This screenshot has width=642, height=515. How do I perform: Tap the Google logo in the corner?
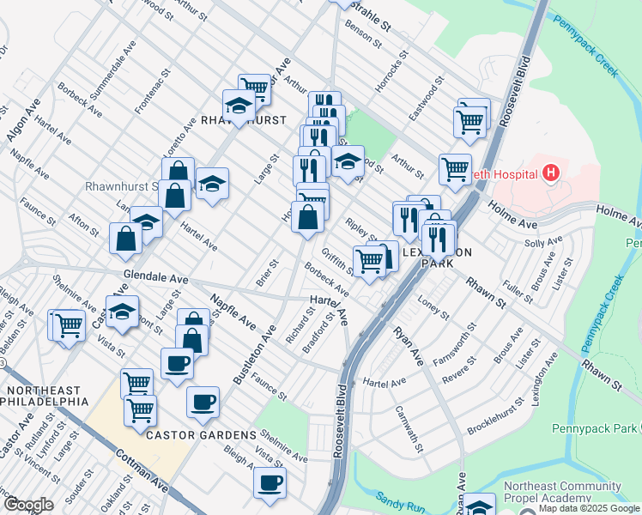(x=28, y=504)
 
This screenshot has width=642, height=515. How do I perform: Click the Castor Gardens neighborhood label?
(x=201, y=435)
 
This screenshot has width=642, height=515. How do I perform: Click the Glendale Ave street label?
(x=155, y=278)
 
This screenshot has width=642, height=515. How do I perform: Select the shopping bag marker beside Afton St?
(x=125, y=238)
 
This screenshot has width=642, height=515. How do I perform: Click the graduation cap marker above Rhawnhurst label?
(x=239, y=106)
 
